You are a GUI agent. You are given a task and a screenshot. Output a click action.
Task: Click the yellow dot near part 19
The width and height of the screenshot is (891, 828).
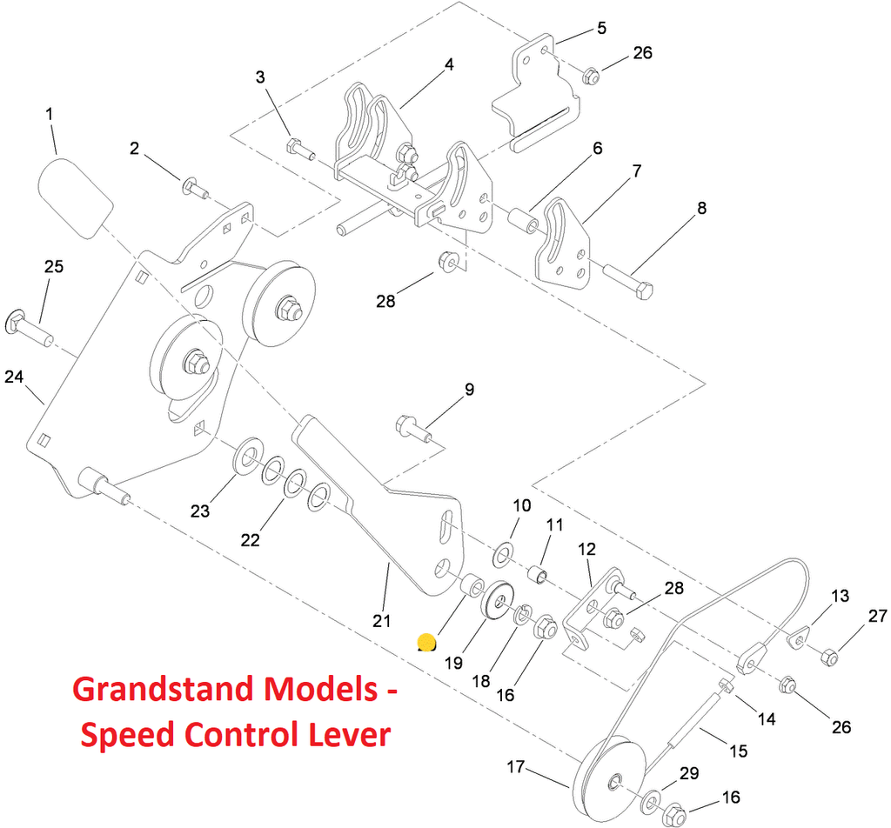pos(426,642)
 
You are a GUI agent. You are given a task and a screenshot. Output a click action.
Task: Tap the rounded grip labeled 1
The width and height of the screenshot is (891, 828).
pos(77,196)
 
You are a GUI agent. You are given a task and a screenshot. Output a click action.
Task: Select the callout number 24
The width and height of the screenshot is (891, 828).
pos(13,377)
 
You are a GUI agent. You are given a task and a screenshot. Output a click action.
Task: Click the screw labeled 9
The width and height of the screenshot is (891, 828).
pos(412,426)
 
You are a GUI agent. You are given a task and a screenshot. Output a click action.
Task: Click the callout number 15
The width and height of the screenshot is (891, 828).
pos(738,751)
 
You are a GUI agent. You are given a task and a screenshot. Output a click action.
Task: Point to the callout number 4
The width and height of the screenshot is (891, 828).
pos(449,65)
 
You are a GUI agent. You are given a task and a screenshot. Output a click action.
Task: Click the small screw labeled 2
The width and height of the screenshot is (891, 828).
pos(193,186)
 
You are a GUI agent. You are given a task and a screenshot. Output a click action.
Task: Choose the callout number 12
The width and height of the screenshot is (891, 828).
pos(586,550)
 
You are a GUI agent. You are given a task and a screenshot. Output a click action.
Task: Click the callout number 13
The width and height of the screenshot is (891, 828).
pos(840,597)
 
